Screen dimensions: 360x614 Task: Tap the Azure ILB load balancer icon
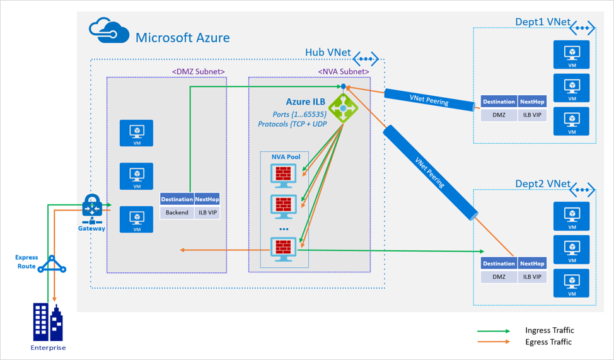[343, 108]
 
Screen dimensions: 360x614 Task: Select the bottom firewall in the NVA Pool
[283, 249]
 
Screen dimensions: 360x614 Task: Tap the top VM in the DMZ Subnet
[137, 134]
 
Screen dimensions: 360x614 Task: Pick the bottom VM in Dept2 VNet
[571, 283]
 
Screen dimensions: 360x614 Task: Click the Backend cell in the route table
[177, 212]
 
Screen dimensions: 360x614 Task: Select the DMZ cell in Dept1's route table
[499, 115]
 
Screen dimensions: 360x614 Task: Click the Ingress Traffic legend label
[549, 330]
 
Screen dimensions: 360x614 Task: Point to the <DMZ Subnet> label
[198, 71]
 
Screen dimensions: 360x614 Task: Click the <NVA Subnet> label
[344, 71]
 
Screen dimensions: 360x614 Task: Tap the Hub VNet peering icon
[365, 59]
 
